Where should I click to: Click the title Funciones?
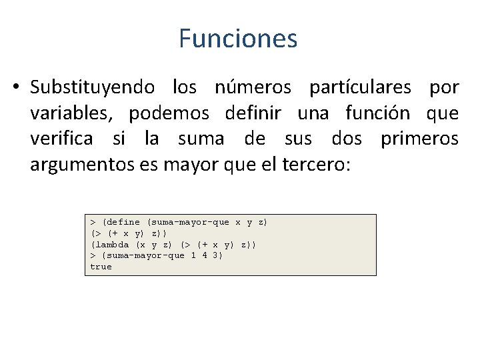(238, 39)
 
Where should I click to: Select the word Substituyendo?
(93, 87)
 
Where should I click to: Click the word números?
(253, 87)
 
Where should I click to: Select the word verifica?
(61, 139)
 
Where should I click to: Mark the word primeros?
(419, 139)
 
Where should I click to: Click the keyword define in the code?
(123, 222)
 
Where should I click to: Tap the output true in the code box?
(101, 267)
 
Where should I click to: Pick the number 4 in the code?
(207, 256)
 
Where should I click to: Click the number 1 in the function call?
(193, 256)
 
